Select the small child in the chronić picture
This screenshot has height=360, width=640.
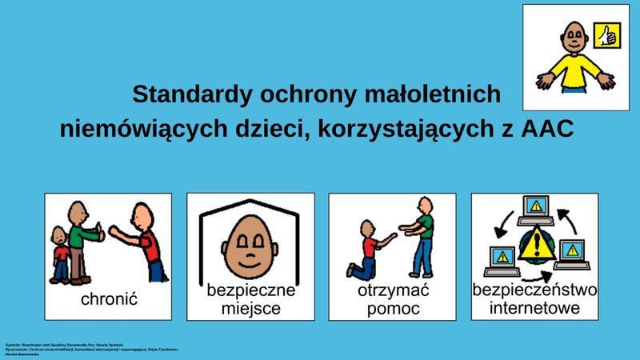point(61,254)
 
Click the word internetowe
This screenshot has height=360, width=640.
point(534,308)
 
